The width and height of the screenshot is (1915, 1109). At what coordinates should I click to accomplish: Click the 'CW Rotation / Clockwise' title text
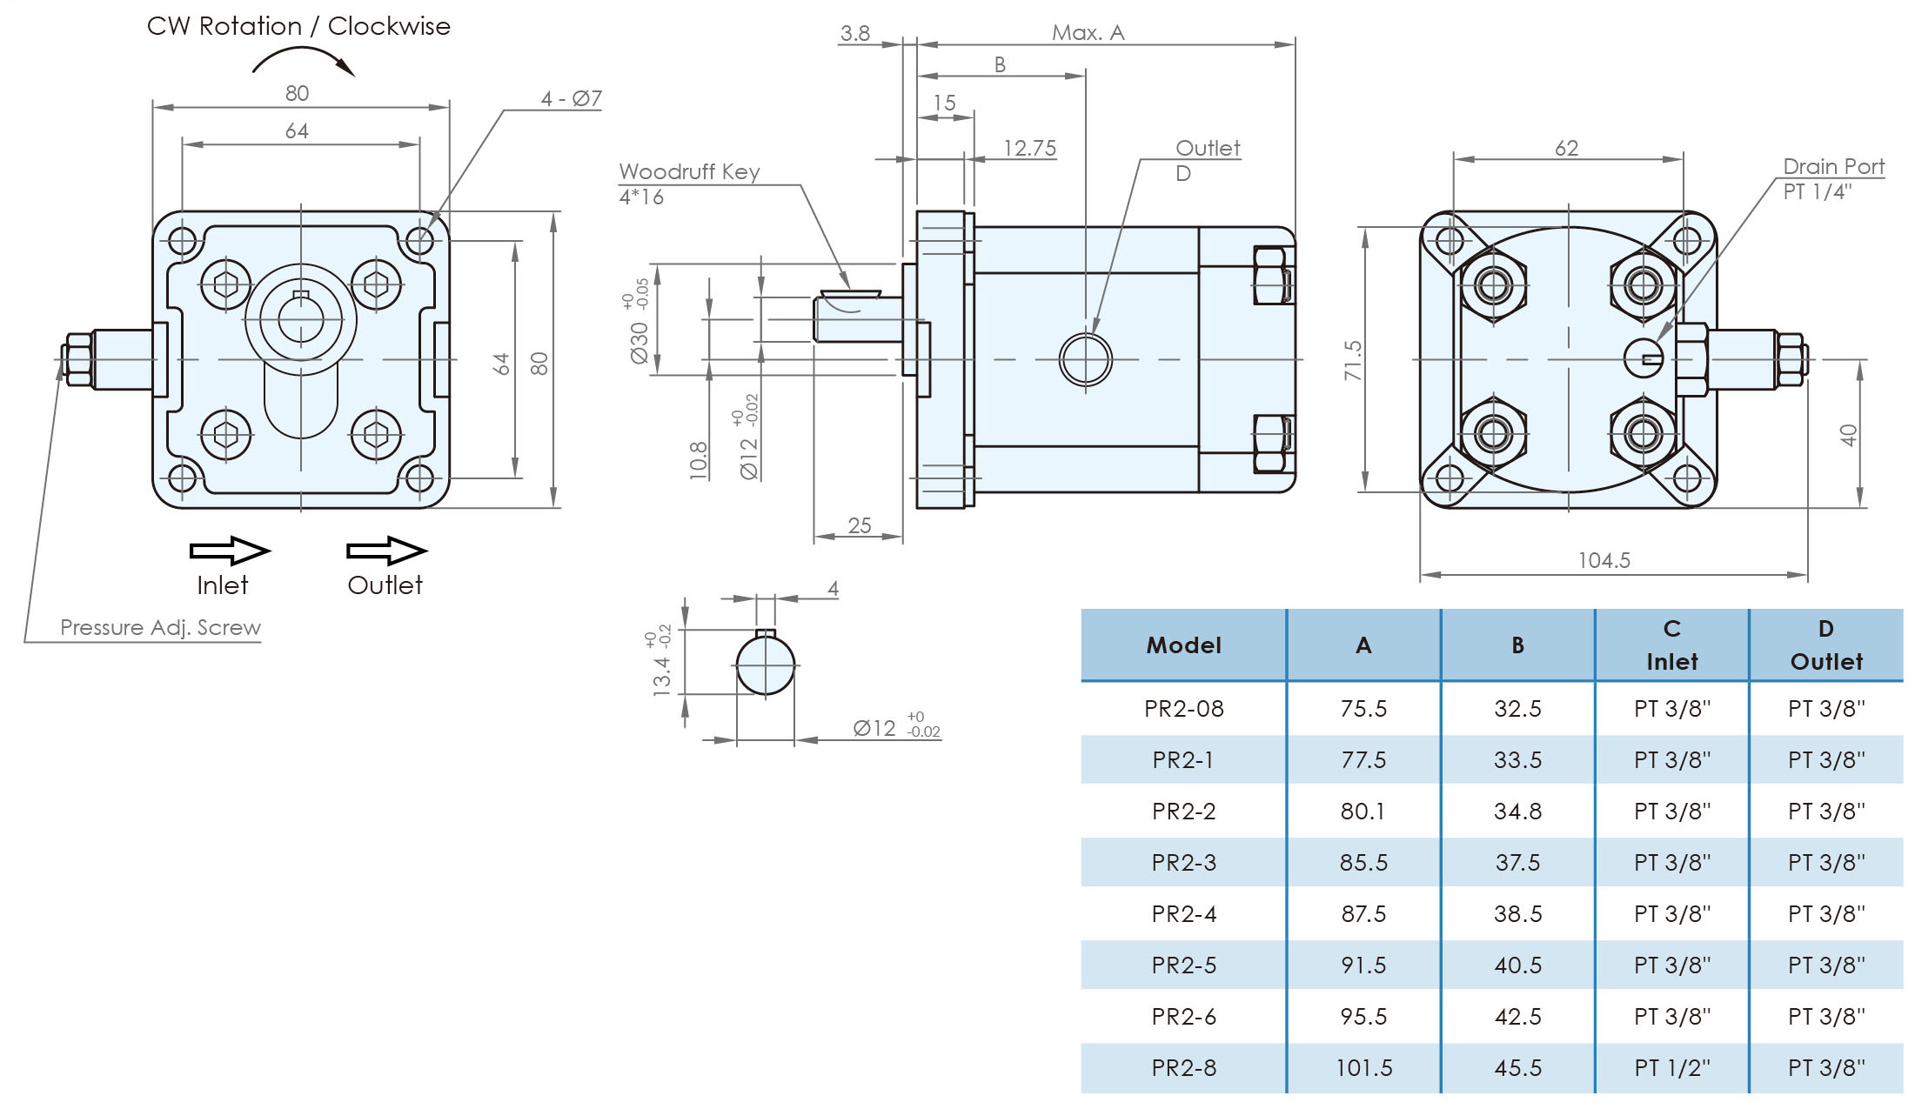tap(298, 26)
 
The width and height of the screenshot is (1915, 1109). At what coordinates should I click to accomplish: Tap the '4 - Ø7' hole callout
tap(571, 98)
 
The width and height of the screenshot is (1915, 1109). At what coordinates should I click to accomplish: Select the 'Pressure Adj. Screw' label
tap(160, 627)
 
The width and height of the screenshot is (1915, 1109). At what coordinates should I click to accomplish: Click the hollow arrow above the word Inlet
tap(230, 551)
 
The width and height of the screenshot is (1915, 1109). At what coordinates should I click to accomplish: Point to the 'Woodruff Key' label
tap(689, 171)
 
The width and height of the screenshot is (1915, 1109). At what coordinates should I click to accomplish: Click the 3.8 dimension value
tap(854, 33)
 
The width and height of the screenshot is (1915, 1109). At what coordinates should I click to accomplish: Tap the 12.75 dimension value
tap(1029, 148)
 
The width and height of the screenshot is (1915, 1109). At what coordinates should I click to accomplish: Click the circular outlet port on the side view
tap(1085, 359)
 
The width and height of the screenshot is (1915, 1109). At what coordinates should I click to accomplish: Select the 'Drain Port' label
tap(1833, 166)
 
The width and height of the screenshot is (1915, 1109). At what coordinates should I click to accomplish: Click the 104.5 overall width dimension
tap(1604, 560)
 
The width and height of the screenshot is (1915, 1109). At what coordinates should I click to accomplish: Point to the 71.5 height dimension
tap(1352, 360)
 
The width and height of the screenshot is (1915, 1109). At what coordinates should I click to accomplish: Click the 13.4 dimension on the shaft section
tap(661, 676)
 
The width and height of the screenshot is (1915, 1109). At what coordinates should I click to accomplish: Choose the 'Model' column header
tap(1183, 645)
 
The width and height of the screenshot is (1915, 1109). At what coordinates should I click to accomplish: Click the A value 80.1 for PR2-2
tap(1363, 812)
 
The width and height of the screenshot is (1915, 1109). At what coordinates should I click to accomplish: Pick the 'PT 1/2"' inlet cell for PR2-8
tap(1671, 1067)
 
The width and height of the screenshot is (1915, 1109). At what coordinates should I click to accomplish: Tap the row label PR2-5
tap(1183, 965)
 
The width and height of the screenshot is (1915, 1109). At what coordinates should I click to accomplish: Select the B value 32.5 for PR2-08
tap(1517, 709)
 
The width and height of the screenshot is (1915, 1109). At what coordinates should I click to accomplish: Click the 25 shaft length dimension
tap(860, 525)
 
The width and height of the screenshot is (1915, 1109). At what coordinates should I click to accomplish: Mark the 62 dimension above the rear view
tap(1566, 148)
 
